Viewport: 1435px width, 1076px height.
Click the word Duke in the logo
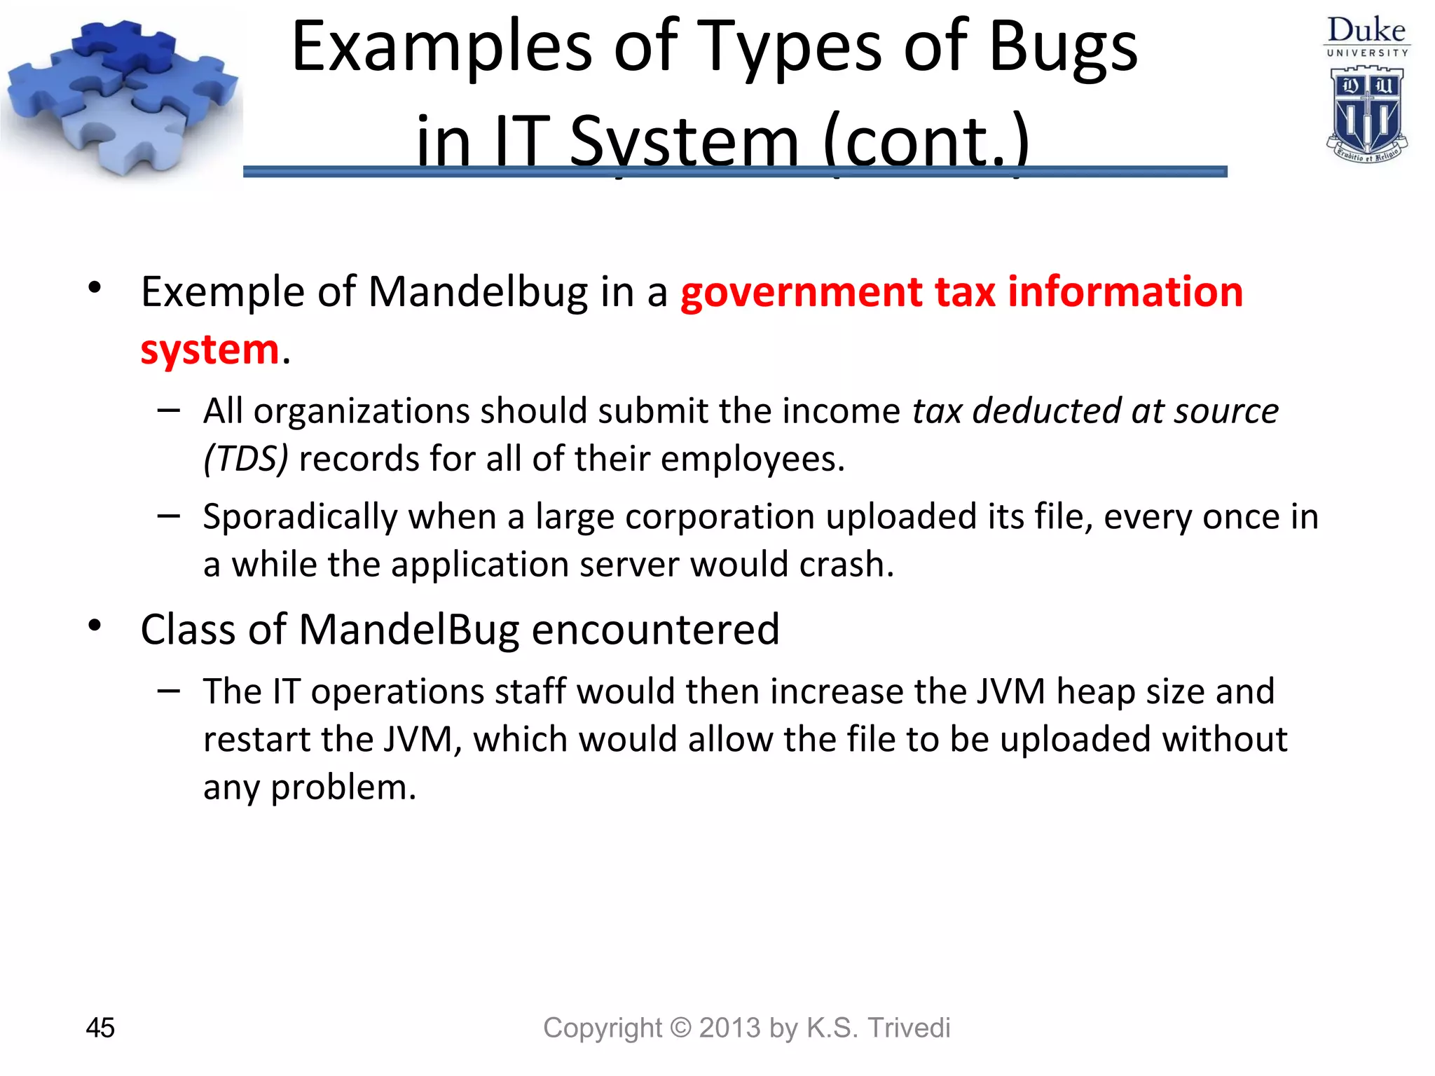[1366, 30]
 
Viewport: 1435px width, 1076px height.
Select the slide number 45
[100, 1028]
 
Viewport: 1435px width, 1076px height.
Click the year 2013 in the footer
[729, 1028]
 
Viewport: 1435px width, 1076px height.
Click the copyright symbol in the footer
[680, 1028]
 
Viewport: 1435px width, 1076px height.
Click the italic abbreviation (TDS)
[246, 459]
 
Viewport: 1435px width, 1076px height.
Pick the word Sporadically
[301, 517]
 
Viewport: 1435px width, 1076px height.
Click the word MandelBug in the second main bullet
[409, 629]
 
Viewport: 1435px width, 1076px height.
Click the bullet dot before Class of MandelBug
[95, 626]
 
